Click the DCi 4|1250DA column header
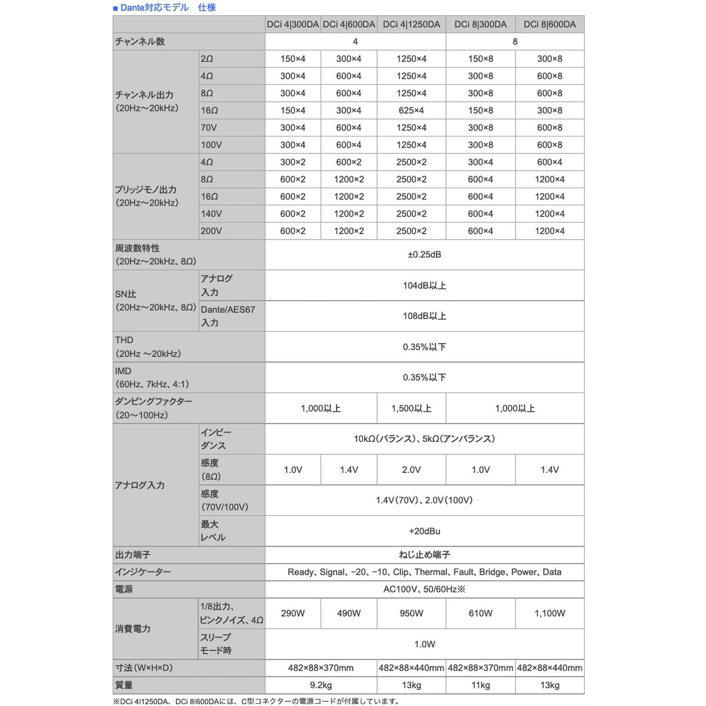pos(411,24)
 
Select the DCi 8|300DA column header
pos(480,24)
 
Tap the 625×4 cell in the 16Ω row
pos(411,111)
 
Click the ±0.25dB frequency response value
pos(424,255)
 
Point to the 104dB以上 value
pos(424,285)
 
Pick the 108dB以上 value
pos(424,316)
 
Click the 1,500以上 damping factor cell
pos(411,408)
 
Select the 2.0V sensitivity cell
pos(411,469)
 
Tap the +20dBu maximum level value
pos(424,531)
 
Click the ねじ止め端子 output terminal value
pos(424,555)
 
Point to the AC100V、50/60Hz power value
pos(424,589)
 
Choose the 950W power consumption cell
pos(411,613)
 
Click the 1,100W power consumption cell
pos(550,613)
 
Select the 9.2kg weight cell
pos(321,685)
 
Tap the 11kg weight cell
pos(480,685)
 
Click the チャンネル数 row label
pos(140,42)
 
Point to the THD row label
pos(125,340)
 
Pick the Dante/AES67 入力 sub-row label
pos(228,316)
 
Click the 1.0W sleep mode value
pos(424,644)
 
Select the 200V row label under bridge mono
pos(211,231)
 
